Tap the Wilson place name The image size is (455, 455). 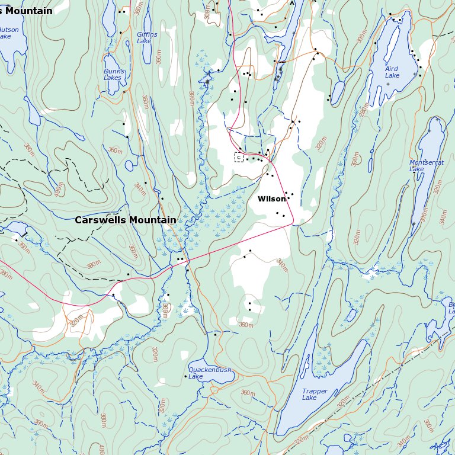coord(271,199)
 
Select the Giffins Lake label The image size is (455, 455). coord(147,38)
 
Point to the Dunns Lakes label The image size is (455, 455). coord(113,75)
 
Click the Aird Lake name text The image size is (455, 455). coord(392,72)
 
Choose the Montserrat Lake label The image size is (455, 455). coord(425,165)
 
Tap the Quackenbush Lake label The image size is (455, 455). coord(209,373)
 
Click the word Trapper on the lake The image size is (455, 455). coord(315,391)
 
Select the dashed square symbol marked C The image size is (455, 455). coord(239,157)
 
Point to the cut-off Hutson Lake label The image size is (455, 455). coord(8,33)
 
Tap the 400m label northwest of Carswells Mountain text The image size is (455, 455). coord(58,189)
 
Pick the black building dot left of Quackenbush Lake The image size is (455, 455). coord(185,376)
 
